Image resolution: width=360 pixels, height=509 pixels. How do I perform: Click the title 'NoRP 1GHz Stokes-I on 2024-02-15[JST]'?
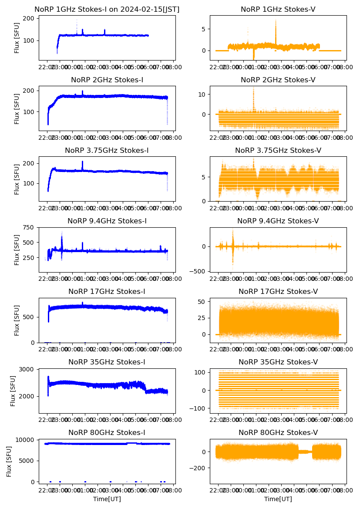point(107,10)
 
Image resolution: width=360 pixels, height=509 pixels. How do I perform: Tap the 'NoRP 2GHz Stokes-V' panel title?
point(278,80)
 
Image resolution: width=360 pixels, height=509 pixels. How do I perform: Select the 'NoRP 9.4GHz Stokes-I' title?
point(107,221)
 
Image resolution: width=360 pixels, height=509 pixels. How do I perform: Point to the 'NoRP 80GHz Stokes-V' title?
point(278,433)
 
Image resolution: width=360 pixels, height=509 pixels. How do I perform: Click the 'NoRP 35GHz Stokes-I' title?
point(107,362)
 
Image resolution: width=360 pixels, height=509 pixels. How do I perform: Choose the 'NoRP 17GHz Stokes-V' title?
point(278,292)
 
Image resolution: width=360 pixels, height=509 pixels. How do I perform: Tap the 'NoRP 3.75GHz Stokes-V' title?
point(278,151)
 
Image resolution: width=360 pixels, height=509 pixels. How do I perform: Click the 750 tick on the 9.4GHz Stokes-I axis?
point(29,227)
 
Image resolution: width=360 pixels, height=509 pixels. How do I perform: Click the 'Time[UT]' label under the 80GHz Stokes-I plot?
point(107,499)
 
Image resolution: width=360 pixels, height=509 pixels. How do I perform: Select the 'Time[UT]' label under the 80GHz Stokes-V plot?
point(278,499)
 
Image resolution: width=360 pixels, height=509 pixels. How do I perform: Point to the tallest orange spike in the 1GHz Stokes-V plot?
point(276,22)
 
